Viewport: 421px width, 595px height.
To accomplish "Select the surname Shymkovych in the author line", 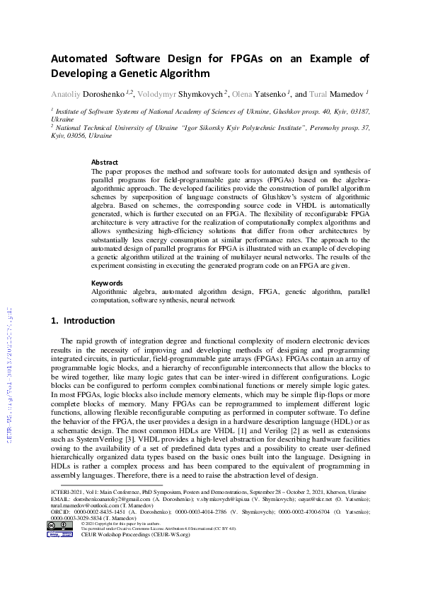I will click(202, 93).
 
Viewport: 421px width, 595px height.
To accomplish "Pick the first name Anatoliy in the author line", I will click(68, 93).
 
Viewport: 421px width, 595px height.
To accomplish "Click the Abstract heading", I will click(105, 162).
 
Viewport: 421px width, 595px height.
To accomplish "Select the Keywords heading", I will click(108, 283).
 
